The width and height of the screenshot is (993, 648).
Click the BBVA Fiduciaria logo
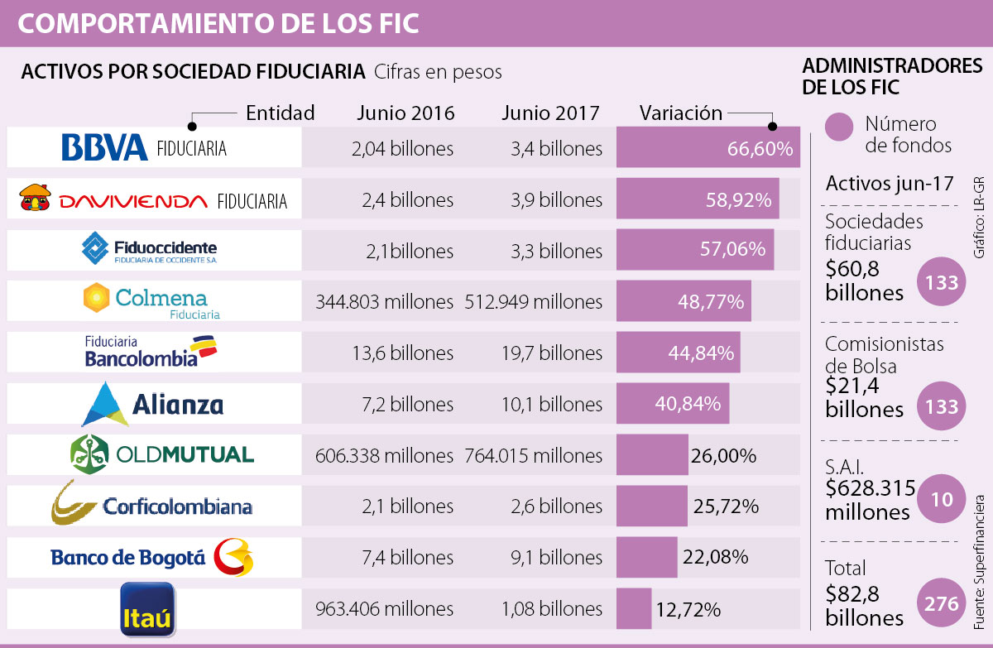(144, 148)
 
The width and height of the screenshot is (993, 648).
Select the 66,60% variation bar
(708, 148)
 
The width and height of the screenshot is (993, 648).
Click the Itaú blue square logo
(147, 609)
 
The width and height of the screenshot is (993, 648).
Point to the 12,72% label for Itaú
(688, 610)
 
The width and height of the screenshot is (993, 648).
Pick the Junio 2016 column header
(405, 113)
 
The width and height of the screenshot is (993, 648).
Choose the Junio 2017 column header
(549, 113)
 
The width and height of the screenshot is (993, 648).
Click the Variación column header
(680, 113)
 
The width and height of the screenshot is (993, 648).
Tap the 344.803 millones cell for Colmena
(384, 302)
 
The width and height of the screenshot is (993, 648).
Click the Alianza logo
(153, 404)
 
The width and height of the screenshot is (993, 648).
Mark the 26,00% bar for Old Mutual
(652, 455)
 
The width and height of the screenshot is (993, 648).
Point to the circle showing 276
(942, 603)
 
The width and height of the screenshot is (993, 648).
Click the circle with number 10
(942, 498)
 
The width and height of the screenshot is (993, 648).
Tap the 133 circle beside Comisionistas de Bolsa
(942, 406)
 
